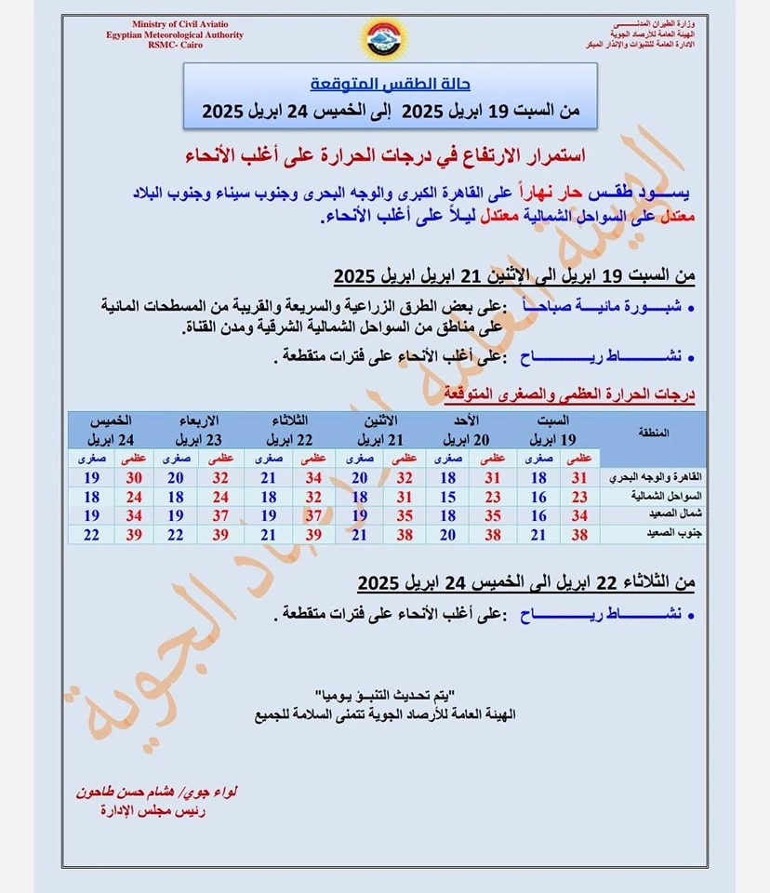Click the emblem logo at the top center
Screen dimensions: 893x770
[383, 40]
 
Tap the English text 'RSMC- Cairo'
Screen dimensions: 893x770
[173, 47]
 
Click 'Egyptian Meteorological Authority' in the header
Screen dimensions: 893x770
[175, 35]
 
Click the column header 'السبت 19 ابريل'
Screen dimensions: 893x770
[554, 430]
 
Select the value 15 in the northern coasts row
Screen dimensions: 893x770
[447, 497]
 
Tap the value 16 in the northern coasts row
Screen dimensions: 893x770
[538, 497]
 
